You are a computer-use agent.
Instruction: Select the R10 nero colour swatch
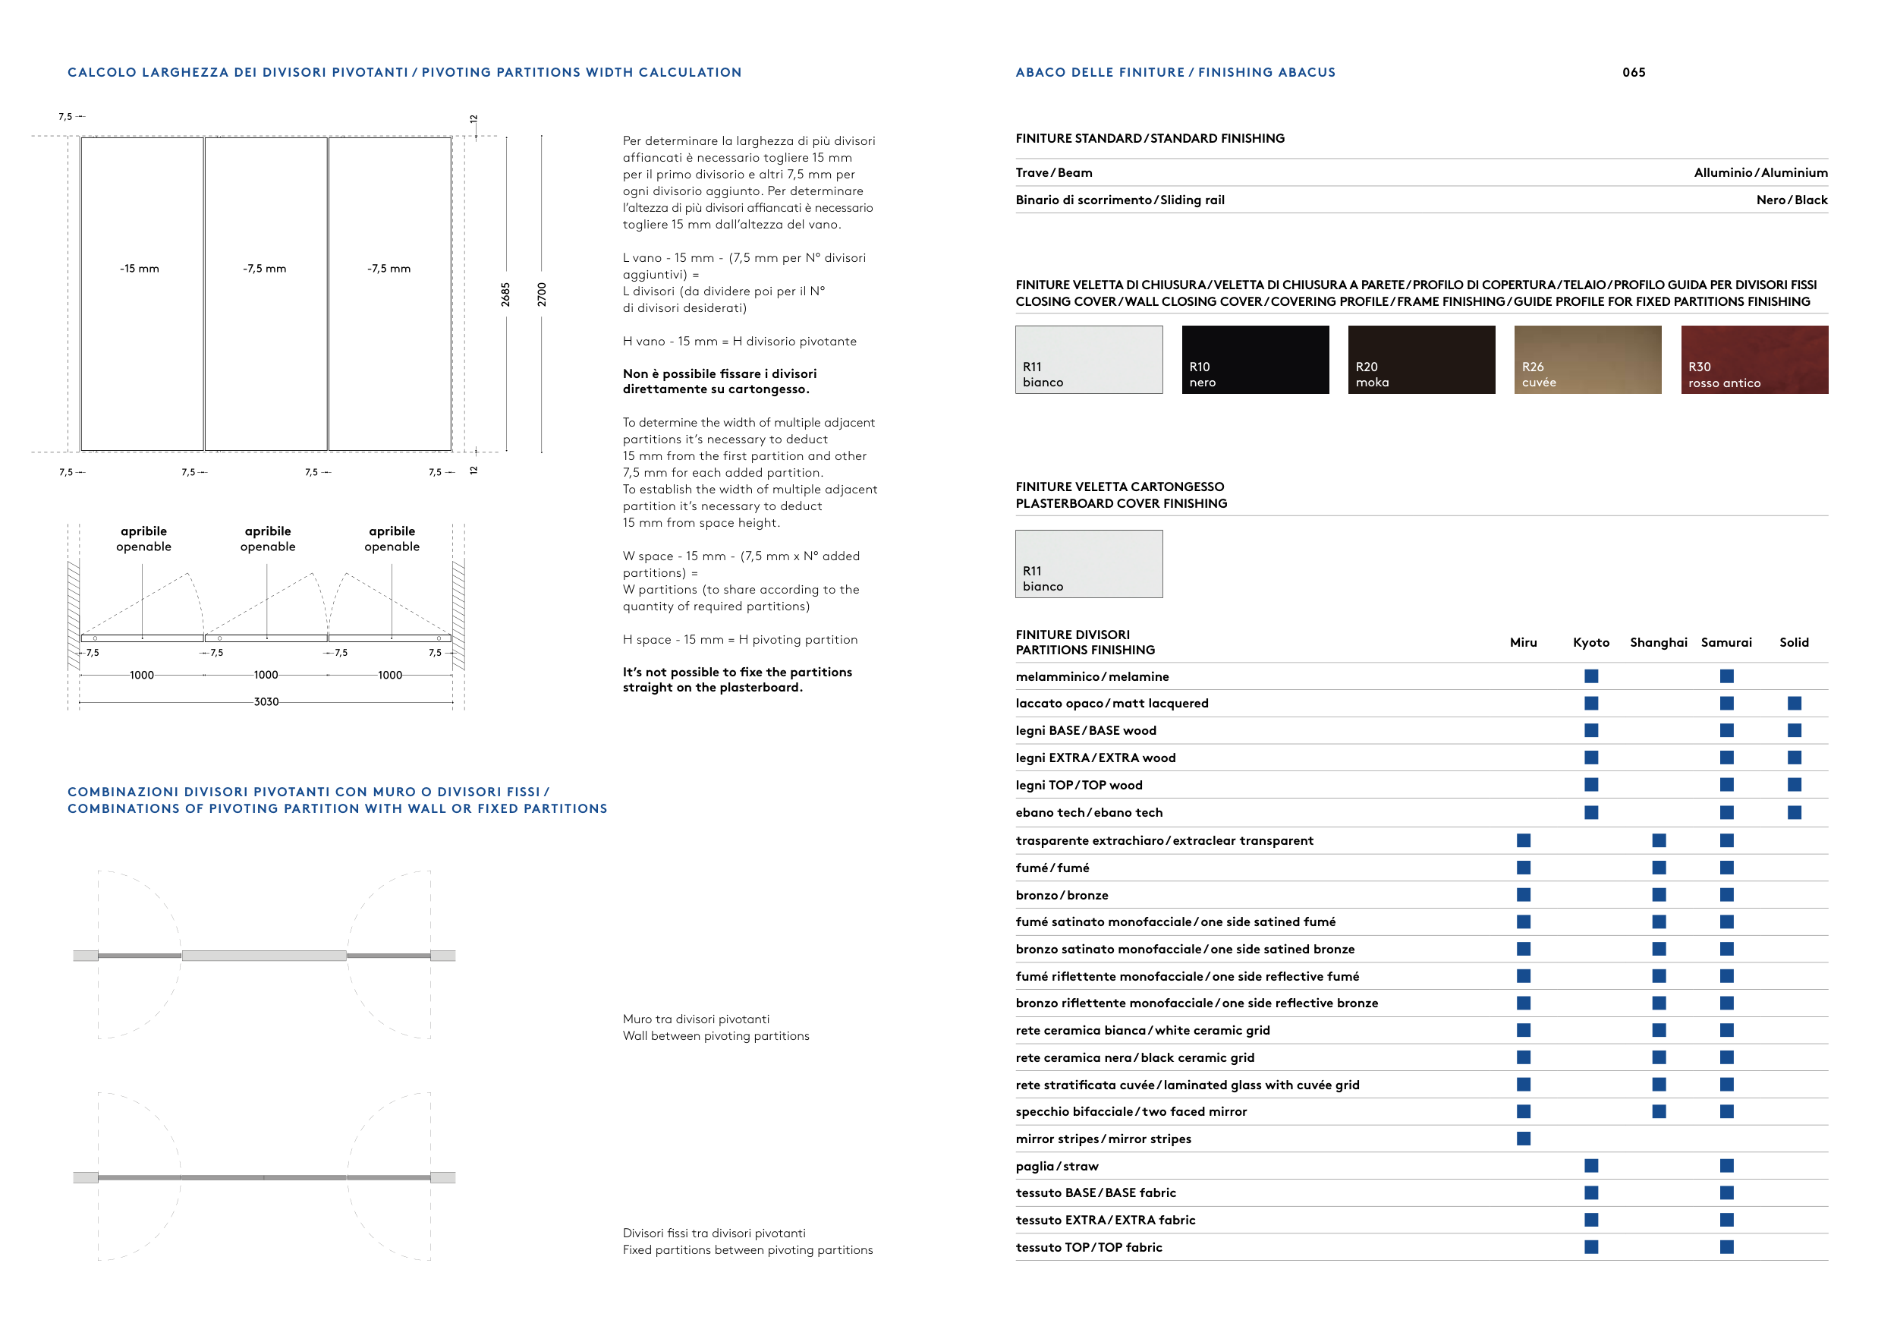click(x=1255, y=360)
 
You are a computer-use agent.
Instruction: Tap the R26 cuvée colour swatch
click(x=1587, y=360)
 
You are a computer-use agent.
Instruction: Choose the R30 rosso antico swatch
click(x=1754, y=360)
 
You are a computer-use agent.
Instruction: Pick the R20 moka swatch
click(x=1421, y=360)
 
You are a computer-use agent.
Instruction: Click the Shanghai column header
click(x=1658, y=642)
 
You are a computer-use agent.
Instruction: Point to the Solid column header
click(x=1794, y=642)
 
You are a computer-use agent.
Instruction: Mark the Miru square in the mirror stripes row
click(x=1524, y=1139)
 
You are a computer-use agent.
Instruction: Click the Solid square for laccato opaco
click(x=1794, y=703)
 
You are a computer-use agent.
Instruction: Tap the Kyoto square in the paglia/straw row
click(x=1591, y=1166)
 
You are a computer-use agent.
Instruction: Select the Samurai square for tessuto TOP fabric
click(x=1726, y=1247)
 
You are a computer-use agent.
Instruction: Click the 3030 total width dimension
click(x=266, y=701)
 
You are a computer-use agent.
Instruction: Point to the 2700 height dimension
click(x=542, y=295)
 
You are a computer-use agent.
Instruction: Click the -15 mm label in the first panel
click(x=140, y=269)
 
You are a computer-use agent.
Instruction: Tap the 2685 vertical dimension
click(x=505, y=295)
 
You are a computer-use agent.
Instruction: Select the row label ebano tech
click(x=1089, y=812)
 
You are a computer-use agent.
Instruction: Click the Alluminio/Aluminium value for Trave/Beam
click(x=1760, y=173)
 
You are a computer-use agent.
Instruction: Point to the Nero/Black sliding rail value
click(x=1792, y=200)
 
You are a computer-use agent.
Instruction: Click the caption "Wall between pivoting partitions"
click(x=716, y=1036)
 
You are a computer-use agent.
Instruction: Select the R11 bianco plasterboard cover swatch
click(x=1089, y=563)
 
